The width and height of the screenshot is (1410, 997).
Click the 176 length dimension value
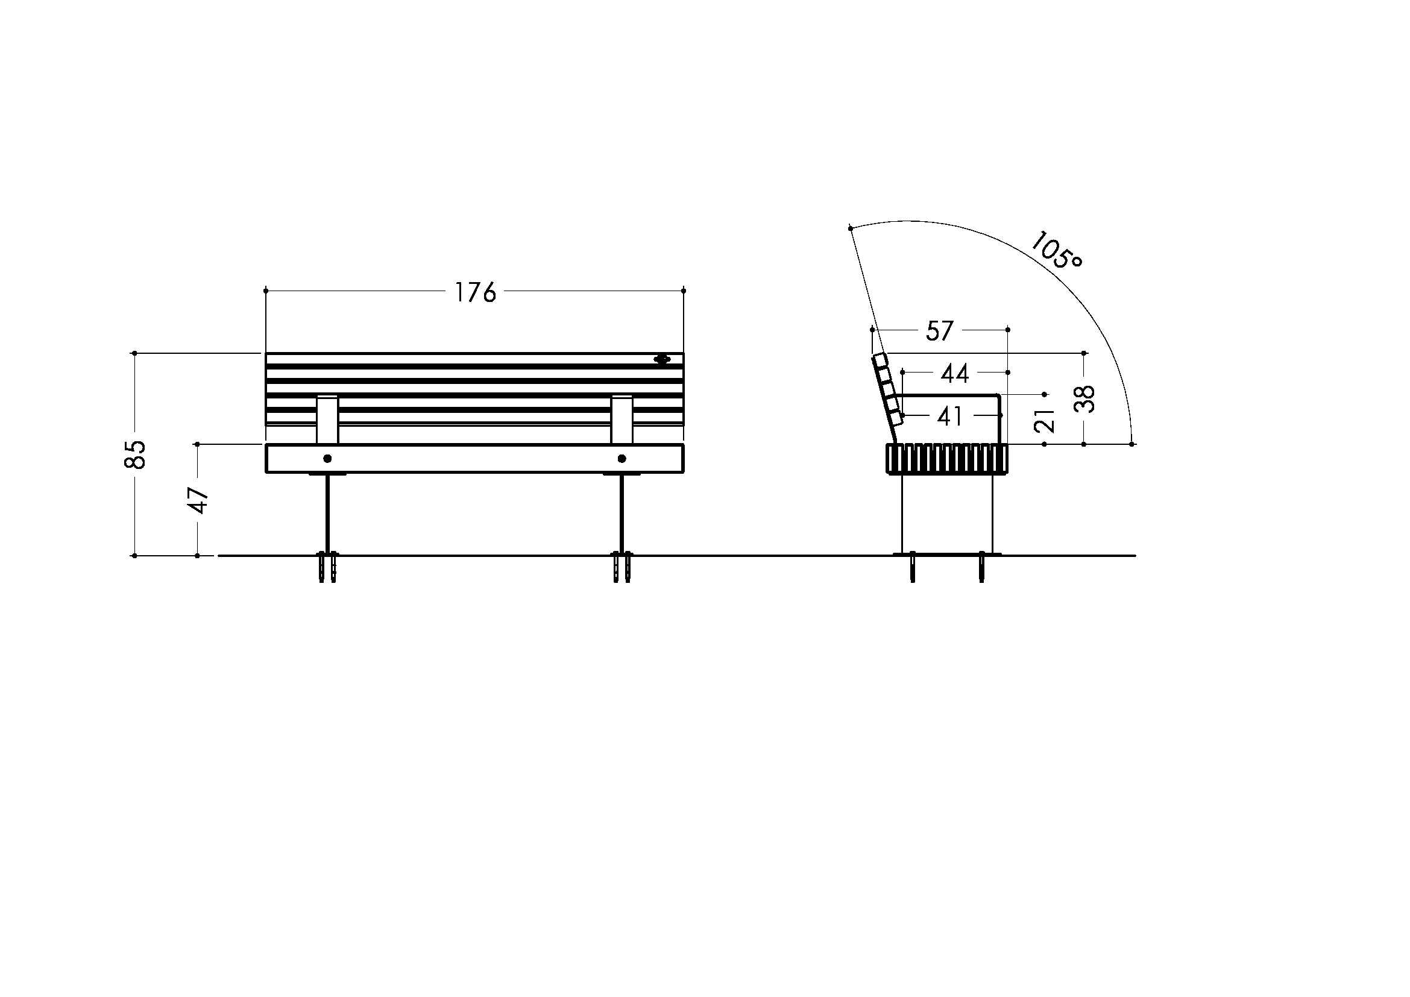pos(474,293)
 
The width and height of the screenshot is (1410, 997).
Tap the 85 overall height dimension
pos(136,454)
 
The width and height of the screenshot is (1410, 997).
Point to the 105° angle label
pos(1056,250)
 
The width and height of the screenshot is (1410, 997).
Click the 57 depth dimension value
pos(940,331)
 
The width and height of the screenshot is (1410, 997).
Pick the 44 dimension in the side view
pos(955,373)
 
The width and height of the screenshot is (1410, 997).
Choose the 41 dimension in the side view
pos(950,417)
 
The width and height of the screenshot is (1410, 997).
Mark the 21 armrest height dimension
pos(1045,421)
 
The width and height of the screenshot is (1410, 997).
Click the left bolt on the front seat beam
pos(327,459)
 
